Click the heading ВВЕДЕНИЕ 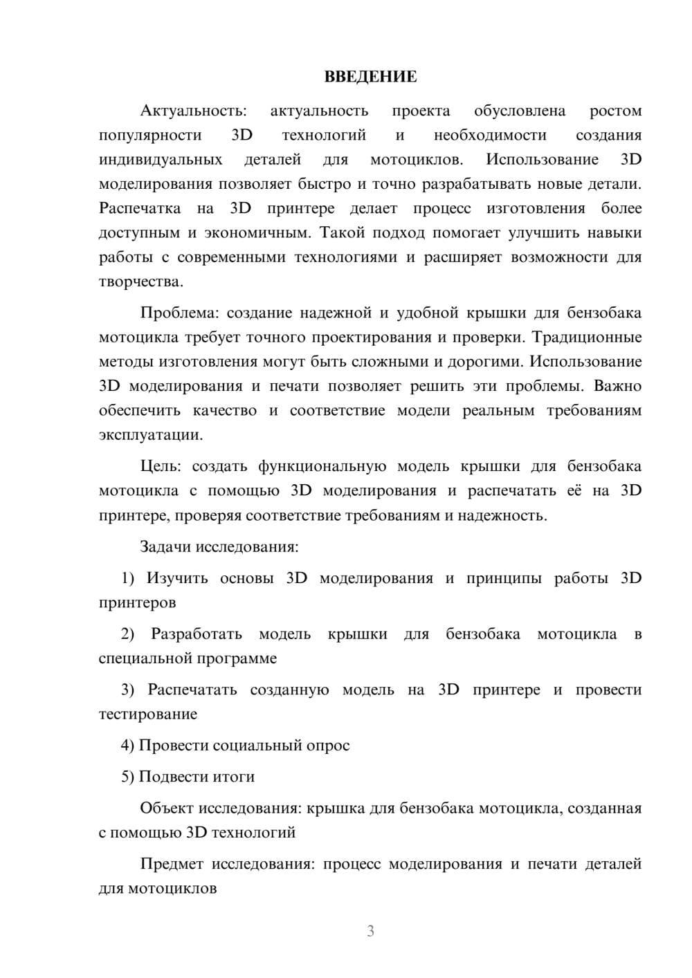point(370,77)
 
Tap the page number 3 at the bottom point(370,931)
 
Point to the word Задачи point(165,547)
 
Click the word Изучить point(177,578)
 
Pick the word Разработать point(197,634)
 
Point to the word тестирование point(148,714)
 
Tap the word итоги point(235,777)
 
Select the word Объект point(167,809)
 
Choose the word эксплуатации point(150,436)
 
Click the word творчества point(140,282)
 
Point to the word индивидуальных point(161,160)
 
